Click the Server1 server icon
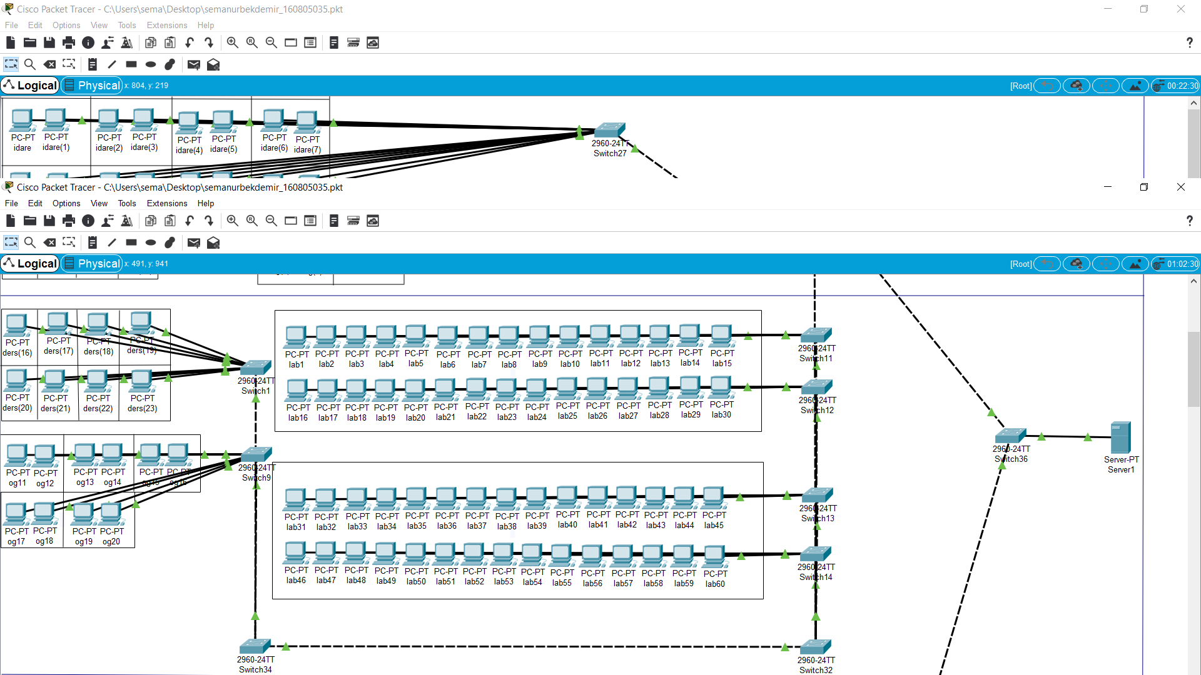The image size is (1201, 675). pyautogui.click(x=1120, y=437)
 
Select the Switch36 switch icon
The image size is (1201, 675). pyautogui.click(x=1010, y=435)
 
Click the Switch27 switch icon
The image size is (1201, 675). pyautogui.click(x=610, y=129)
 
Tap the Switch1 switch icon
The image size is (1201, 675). pyautogui.click(x=255, y=367)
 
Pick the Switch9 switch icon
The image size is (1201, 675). pyautogui.click(x=256, y=454)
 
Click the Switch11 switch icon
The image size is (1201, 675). pyautogui.click(x=816, y=335)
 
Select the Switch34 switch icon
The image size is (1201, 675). pyautogui.click(x=255, y=646)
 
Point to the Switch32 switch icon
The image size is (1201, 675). pyautogui.click(x=816, y=647)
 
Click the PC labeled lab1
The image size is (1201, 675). pyautogui.click(x=296, y=336)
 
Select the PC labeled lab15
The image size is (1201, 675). pyautogui.click(x=721, y=335)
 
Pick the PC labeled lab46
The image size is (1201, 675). pyautogui.click(x=295, y=553)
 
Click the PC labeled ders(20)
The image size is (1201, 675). pyautogui.click(x=16, y=380)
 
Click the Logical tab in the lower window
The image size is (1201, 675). pyautogui.click(x=31, y=264)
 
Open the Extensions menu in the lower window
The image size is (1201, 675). pyautogui.click(x=166, y=204)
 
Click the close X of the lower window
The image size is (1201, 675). pyautogui.click(x=1180, y=187)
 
